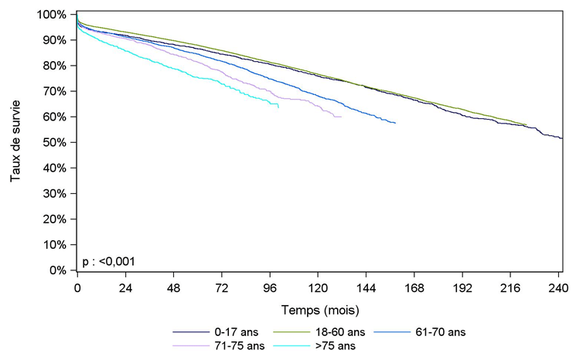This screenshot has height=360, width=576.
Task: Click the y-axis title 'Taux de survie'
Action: [x=15, y=142]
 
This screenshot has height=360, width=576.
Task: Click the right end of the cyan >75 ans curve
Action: [x=278, y=107]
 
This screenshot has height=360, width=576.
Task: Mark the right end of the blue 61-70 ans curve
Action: [x=396, y=123]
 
